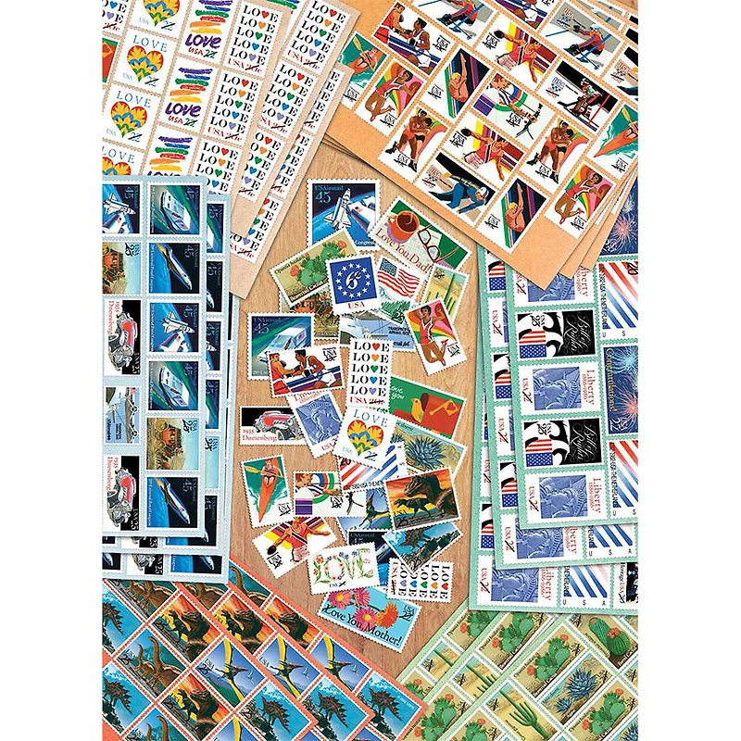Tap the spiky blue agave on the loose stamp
pyautogui.click(x=428, y=453)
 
